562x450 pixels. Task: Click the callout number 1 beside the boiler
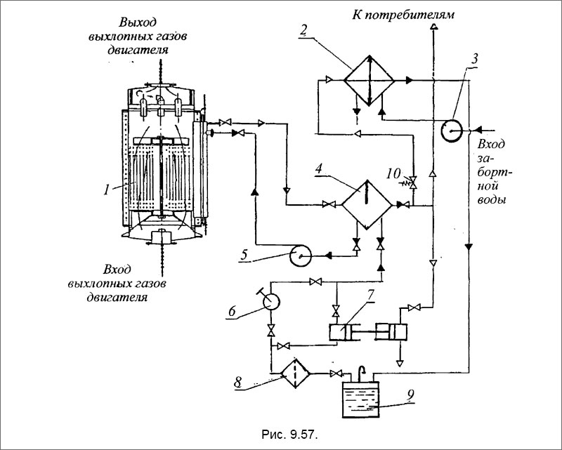coord(106,189)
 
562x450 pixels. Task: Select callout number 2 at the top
coord(303,30)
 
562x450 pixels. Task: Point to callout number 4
coord(318,169)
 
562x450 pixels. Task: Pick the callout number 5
coord(244,255)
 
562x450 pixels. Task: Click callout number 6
coord(232,311)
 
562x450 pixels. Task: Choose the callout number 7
coord(370,295)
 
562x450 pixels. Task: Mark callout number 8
coord(238,383)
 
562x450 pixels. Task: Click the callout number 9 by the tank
coord(410,395)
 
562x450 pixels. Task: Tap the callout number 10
coord(393,174)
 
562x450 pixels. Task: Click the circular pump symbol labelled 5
coord(300,255)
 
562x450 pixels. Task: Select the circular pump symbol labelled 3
coord(452,131)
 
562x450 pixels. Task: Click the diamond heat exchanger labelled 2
coord(369,80)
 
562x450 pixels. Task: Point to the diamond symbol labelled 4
coord(367,205)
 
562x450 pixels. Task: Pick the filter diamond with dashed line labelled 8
coord(295,373)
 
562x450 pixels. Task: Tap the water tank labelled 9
coord(360,399)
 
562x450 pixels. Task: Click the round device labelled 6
coord(271,301)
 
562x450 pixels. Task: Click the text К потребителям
coord(403,15)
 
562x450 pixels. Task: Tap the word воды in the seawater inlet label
coord(492,199)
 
